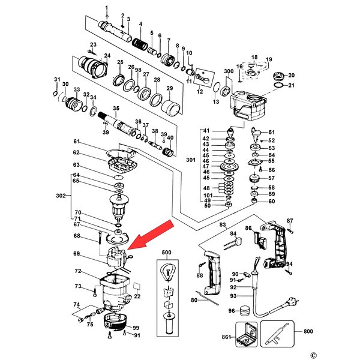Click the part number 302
(x=61, y=196)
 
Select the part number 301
(x=191, y=160)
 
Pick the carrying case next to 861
(x=248, y=334)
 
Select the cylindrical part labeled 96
(x=244, y=311)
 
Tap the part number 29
(x=170, y=88)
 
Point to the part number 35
(x=116, y=108)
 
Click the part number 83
(x=222, y=224)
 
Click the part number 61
(x=77, y=142)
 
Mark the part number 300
(x=228, y=71)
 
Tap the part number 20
(x=292, y=75)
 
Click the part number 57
(x=271, y=178)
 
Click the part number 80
(x=194, y=300)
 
